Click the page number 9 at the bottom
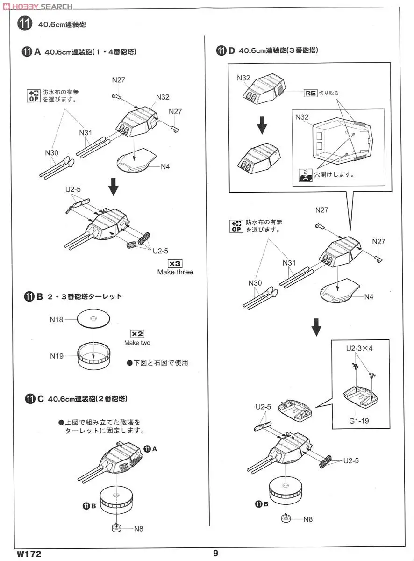pyautogui.click(x=215, y=553)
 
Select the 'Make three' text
pyautogui.click(x=175, y=272)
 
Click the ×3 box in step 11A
pyautogui.click(x=175, y=263)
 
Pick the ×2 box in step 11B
pyautogui.click(x=137, y=334)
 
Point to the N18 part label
pyautogui.click(x=57, y=320)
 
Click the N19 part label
pyautogui.click(x=57, y=356)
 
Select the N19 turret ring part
pyautogui.click(x=93, y=358)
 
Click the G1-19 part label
pyautogui.click(x=358, y=421)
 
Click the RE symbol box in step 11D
pyautogui.click(x=310, y=93)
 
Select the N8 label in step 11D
pyautogui.click(x=308, y=519)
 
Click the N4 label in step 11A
pyautogui.click(x=165, y=167)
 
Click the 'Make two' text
pyautogui.click(x=137, y=343)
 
